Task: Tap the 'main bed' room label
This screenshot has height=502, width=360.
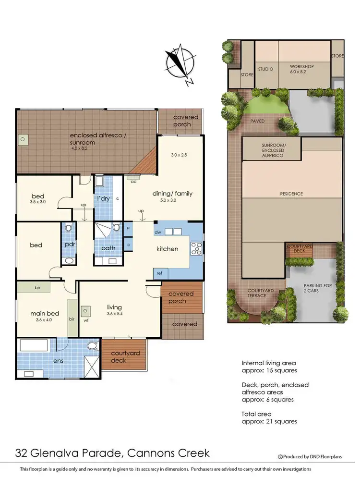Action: [45, 314]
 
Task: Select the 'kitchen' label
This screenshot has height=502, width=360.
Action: [167, 249]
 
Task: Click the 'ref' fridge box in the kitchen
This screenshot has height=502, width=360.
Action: [159, 273]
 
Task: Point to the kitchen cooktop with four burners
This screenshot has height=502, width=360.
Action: [196, 248]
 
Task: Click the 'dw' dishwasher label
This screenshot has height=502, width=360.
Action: [157, 232]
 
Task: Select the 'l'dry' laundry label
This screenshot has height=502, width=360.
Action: [104, 198]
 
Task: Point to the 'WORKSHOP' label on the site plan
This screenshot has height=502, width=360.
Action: [301, 66]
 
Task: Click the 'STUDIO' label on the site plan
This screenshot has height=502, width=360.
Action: [265, 69]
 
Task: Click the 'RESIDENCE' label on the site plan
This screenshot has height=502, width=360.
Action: [292, 194]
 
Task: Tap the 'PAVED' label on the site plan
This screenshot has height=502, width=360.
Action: [257, 121]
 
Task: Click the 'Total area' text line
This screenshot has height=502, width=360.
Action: [257, 414]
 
